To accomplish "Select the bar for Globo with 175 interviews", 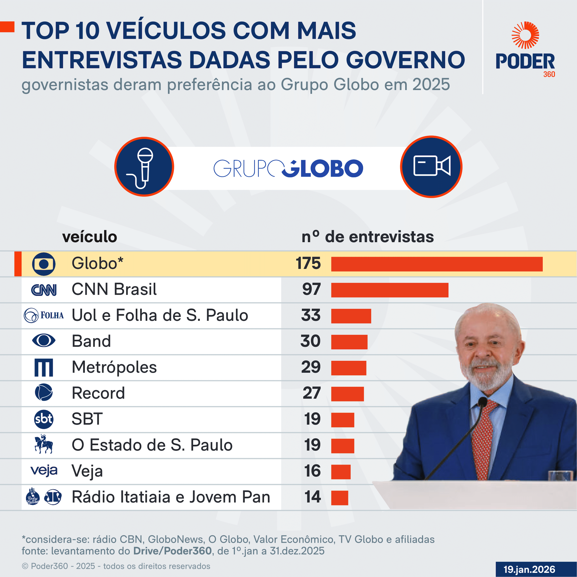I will click(437, 264).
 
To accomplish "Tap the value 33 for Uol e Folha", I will click(311, 315).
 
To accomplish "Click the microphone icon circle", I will click(144, 167).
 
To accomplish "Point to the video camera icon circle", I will click(431, 167).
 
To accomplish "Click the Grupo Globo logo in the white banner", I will click(288, 168).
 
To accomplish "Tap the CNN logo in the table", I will click(44, 290).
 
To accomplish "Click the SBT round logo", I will click(44, 419).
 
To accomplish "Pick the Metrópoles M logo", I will click(44, 367).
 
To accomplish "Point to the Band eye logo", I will click(44, 340).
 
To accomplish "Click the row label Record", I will click(98, 393).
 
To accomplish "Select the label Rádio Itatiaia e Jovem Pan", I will click(171, 497).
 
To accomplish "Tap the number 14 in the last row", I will click(312, 497).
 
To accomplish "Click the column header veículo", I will click(90, 237).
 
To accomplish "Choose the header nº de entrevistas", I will click(367, 237).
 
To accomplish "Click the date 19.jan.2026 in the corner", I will click(529, 569).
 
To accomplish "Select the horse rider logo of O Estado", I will click(44, 444).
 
